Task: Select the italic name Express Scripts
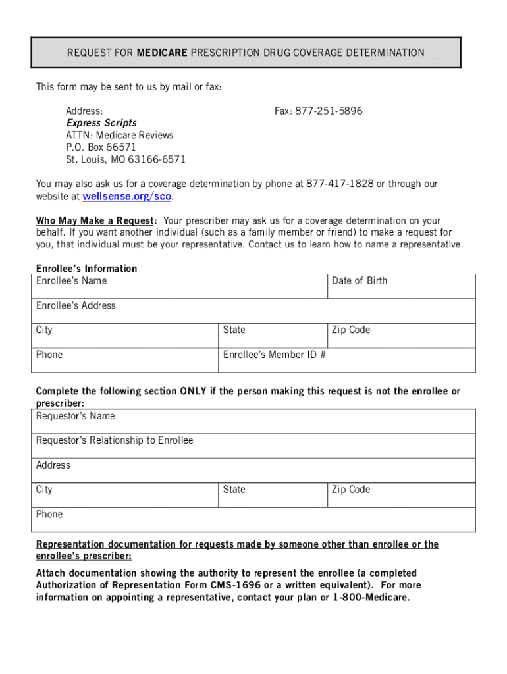101,123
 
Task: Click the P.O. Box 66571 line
101,147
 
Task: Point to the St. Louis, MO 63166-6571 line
126,159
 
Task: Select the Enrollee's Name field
180,286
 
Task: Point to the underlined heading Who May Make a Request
96,221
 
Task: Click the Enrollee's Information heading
86,269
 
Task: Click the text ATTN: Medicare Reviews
119,136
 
